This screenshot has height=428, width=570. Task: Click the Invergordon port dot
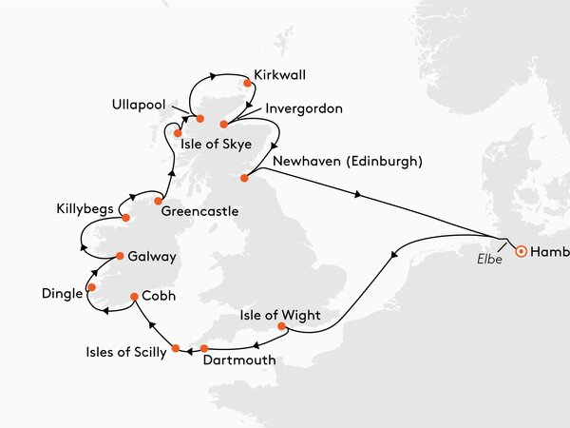click(224, 124)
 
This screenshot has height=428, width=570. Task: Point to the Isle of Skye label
click(218, 144)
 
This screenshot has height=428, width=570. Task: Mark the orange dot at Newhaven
click(245, 177)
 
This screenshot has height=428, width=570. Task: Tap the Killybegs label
click(86, 207)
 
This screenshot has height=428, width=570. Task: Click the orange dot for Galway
click(121, 256)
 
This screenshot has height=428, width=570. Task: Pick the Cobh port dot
click(134, 297)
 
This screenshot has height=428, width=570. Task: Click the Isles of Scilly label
click(122, 352)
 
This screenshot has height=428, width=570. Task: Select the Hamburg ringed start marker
click(521, 252)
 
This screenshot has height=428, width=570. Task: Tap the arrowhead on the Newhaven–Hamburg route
click(357, 194)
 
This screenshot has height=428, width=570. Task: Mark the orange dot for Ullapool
click(200, 119)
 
